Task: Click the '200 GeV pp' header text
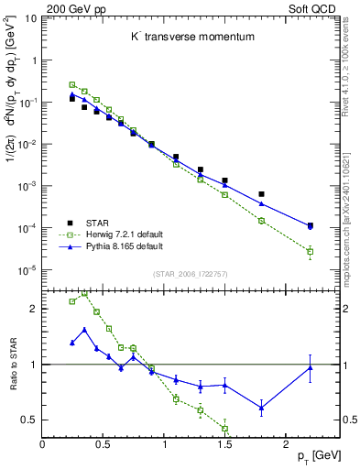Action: [70, 7]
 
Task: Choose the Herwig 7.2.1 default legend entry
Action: [125, 234]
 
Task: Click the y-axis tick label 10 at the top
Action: [30, 18]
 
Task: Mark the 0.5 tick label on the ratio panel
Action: [30, 420]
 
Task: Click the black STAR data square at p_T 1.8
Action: [261, 194]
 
